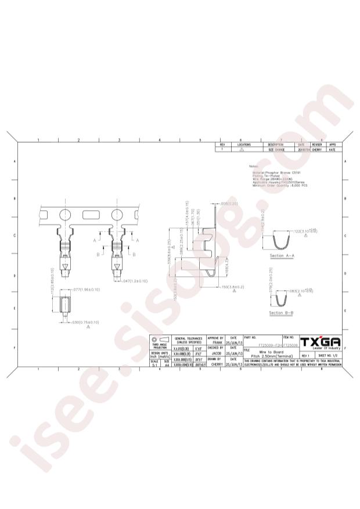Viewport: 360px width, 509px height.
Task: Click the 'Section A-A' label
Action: [283, 256]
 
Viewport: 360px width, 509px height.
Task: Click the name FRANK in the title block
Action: [215, 343]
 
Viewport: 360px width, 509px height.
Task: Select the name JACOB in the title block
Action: [215, 353]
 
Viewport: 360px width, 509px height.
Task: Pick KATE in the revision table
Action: [333, 149]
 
